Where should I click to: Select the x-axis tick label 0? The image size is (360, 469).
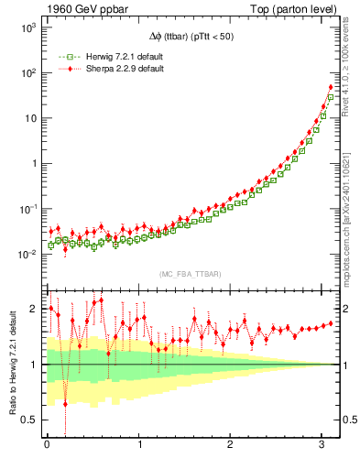(47, 445)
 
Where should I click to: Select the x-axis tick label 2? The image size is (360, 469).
(232, 445)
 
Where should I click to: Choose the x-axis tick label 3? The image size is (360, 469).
(324, 445)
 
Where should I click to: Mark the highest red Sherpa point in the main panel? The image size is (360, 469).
(331, 88)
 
